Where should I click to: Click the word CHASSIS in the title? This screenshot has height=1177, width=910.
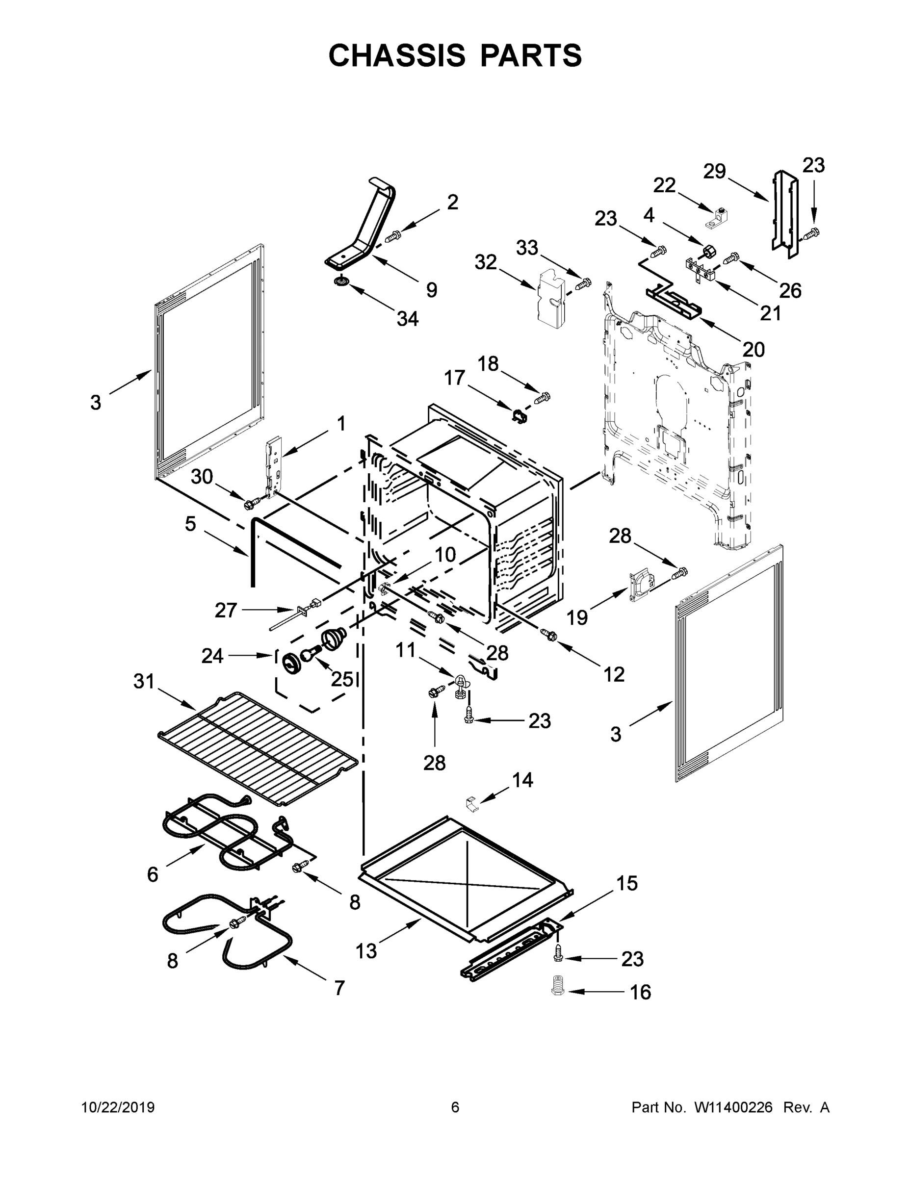[397, 55]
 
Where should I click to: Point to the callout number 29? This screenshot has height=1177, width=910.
[714, 171]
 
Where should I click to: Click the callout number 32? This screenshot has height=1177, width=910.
[485, 262]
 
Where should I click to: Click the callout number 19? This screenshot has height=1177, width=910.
[577, 617]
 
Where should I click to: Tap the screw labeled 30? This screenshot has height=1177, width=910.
[251, 504]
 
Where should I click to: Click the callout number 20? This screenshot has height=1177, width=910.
[754, 350]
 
